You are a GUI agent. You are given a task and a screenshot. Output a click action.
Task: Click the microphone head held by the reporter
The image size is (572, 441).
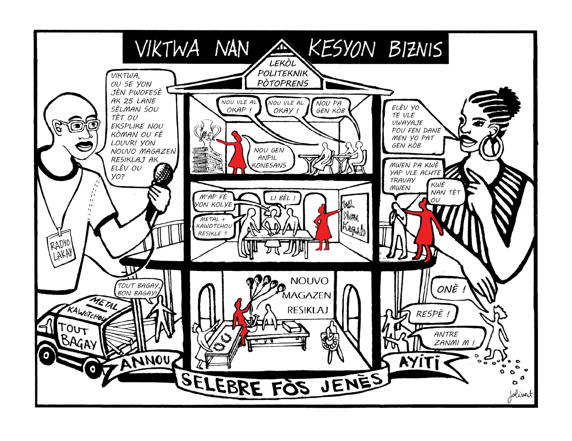[163, 173]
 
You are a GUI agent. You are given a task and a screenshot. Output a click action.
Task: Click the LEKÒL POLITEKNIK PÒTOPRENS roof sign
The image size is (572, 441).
[283, 74]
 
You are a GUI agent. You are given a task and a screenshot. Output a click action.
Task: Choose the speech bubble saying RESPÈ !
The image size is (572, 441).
[432, 314]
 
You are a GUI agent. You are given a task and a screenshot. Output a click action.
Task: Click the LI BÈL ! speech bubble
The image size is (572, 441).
[282, 198]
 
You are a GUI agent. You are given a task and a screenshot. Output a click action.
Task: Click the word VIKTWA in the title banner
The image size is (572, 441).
[167, 49]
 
